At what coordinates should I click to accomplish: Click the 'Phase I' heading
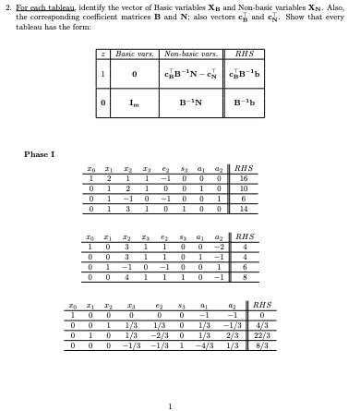39,153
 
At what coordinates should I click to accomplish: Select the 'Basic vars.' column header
134,55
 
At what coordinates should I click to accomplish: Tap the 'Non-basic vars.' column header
189,55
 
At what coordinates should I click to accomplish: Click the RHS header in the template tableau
245,55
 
